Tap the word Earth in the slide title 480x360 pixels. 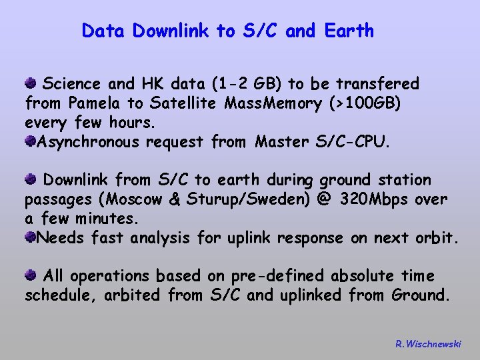pos(349,31)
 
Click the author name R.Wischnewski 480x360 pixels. pos(428,344)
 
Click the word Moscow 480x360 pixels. pos(140,199)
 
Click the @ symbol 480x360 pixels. pos(324,199)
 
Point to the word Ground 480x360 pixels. pos(421,295)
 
